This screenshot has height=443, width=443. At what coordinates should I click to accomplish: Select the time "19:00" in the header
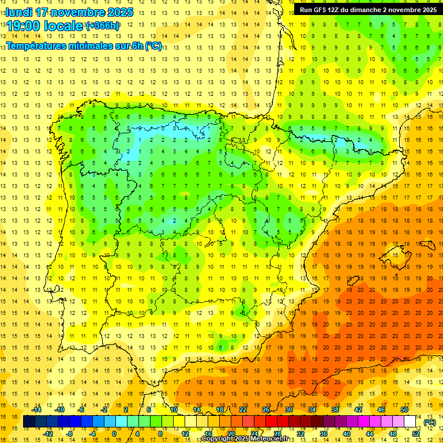[x=24, y=26]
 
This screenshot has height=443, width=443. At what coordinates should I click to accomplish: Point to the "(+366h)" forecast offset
[x=102, y=26]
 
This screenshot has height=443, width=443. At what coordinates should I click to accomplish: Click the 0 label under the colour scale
[x=114, y=434]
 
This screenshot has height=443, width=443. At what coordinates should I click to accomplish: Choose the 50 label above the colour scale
[x=404, y=410]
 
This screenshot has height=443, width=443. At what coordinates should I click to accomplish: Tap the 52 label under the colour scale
[x=416, y=434]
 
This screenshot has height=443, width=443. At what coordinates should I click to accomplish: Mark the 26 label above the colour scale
[x=266, y=410]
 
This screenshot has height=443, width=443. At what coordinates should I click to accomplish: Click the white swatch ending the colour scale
[x=410, y=422]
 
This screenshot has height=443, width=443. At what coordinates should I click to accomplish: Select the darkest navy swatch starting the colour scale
[x=29, y=422]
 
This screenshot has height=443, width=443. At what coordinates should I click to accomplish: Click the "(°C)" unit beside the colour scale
[x=429, y=422]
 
